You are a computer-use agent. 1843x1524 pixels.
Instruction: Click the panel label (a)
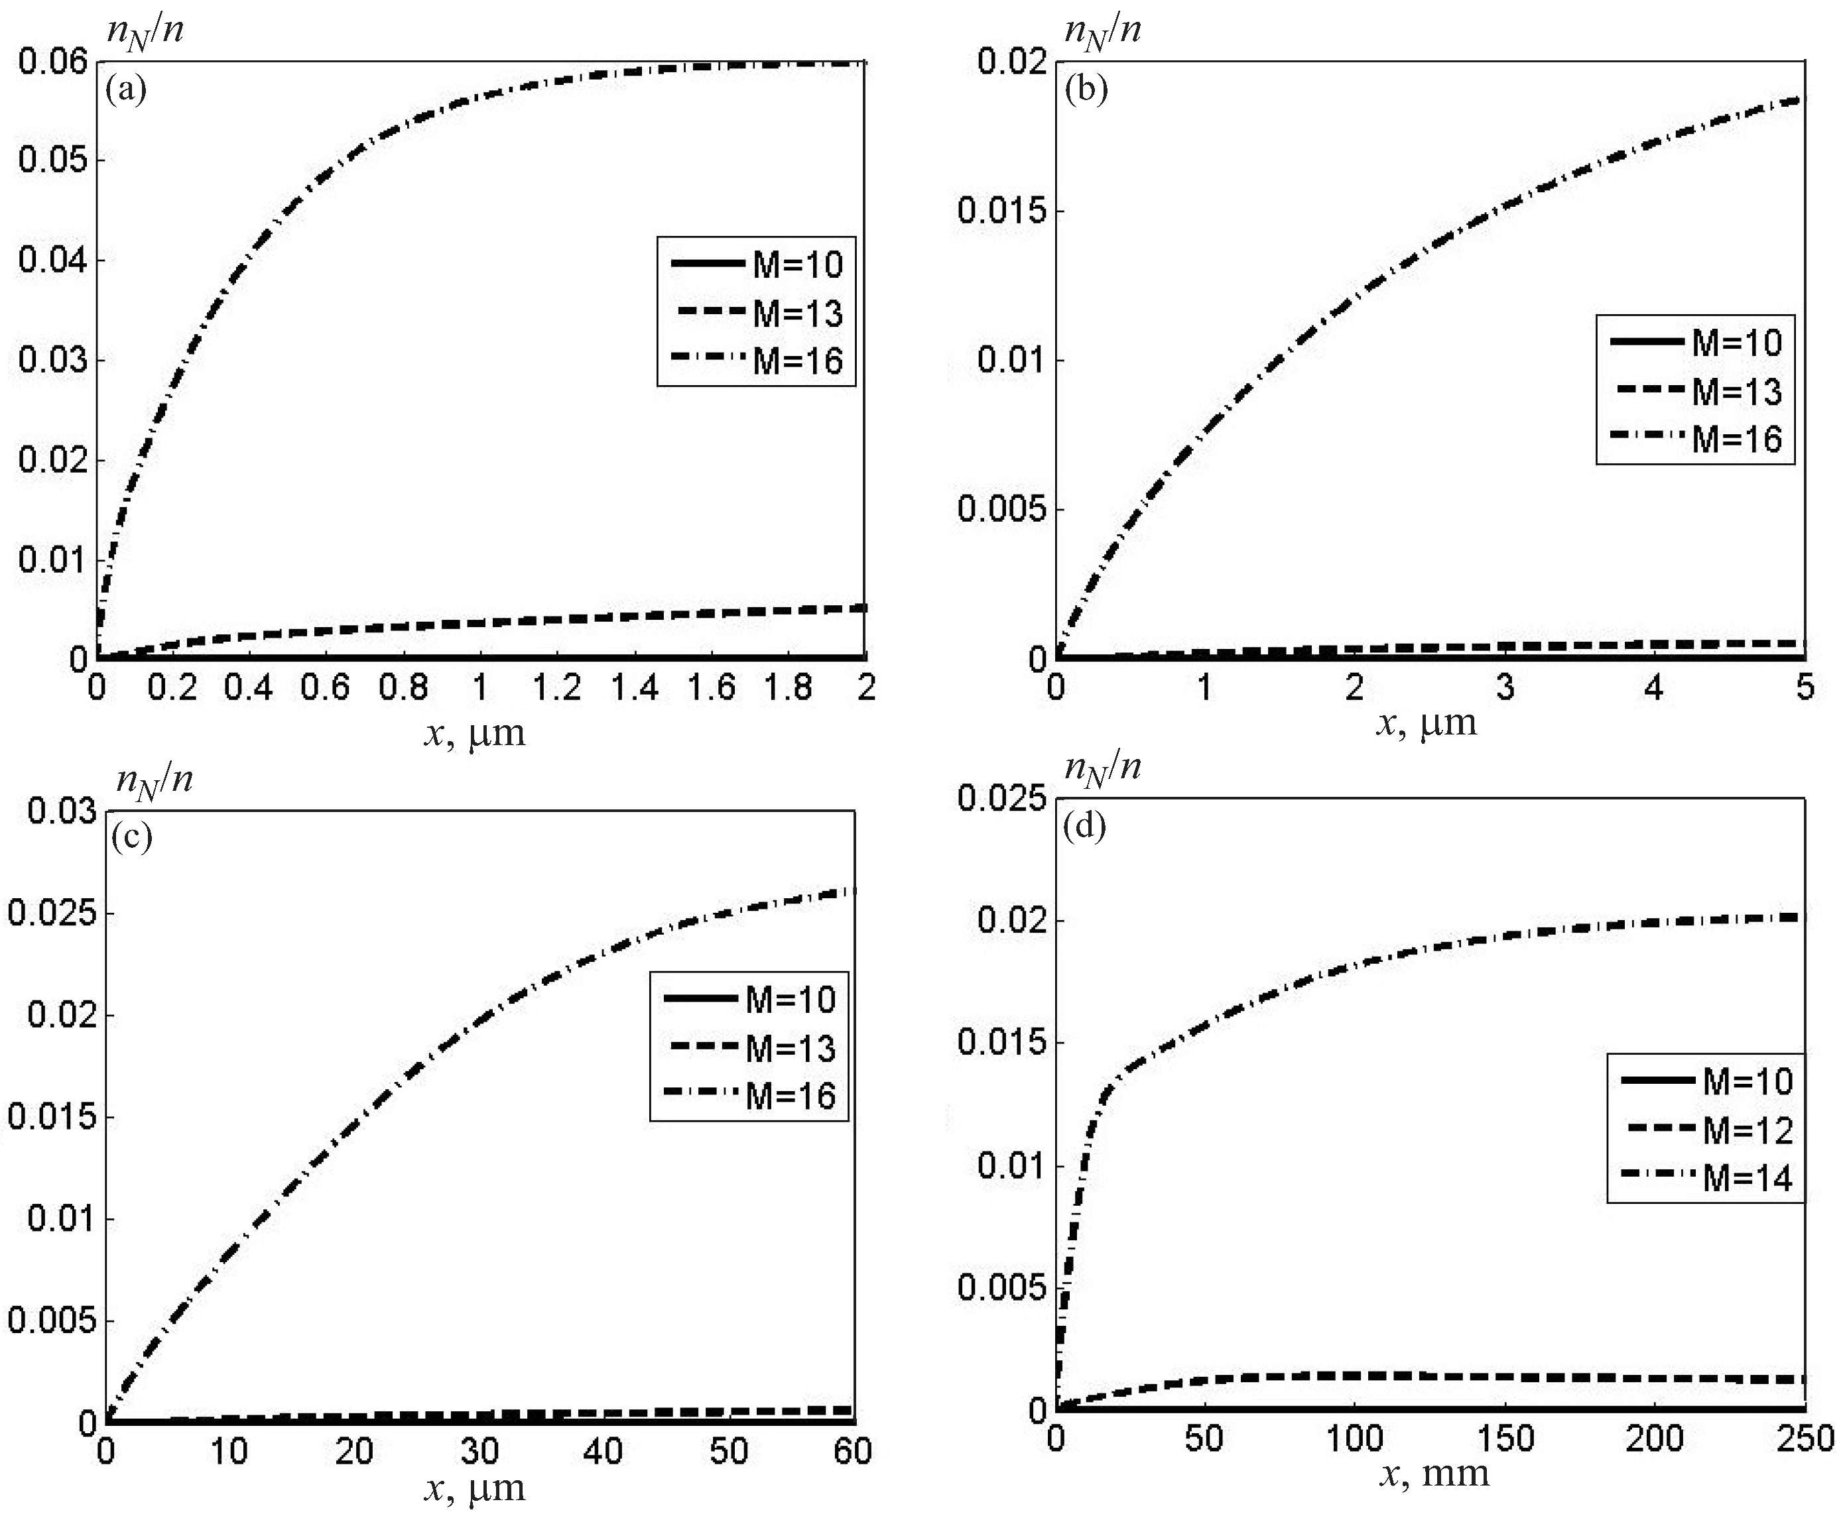(125, 89)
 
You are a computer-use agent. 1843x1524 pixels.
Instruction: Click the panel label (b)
(1086, 89)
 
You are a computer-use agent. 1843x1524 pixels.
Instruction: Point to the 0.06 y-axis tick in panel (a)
(54, 62)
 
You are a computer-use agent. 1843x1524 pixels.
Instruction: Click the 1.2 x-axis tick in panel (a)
(557, 687)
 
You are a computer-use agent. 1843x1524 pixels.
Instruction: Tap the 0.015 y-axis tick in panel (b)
(1004, 211)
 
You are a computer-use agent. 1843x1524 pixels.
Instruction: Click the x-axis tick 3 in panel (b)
(1504, 687)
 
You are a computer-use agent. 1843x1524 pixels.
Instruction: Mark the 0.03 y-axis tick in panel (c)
(62, 811)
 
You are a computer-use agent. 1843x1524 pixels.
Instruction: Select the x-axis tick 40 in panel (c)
(604, 1452)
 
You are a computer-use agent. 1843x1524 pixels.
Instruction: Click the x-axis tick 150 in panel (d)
(1504, 1439)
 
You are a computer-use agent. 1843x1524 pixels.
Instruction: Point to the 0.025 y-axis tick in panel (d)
(1004, 798)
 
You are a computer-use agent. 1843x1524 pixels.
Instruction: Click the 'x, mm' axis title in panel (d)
(1434, 1474)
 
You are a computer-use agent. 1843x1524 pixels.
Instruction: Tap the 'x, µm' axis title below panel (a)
(475, 733)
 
